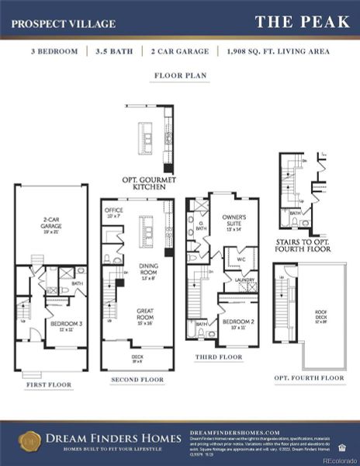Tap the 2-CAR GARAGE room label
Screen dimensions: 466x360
50,230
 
